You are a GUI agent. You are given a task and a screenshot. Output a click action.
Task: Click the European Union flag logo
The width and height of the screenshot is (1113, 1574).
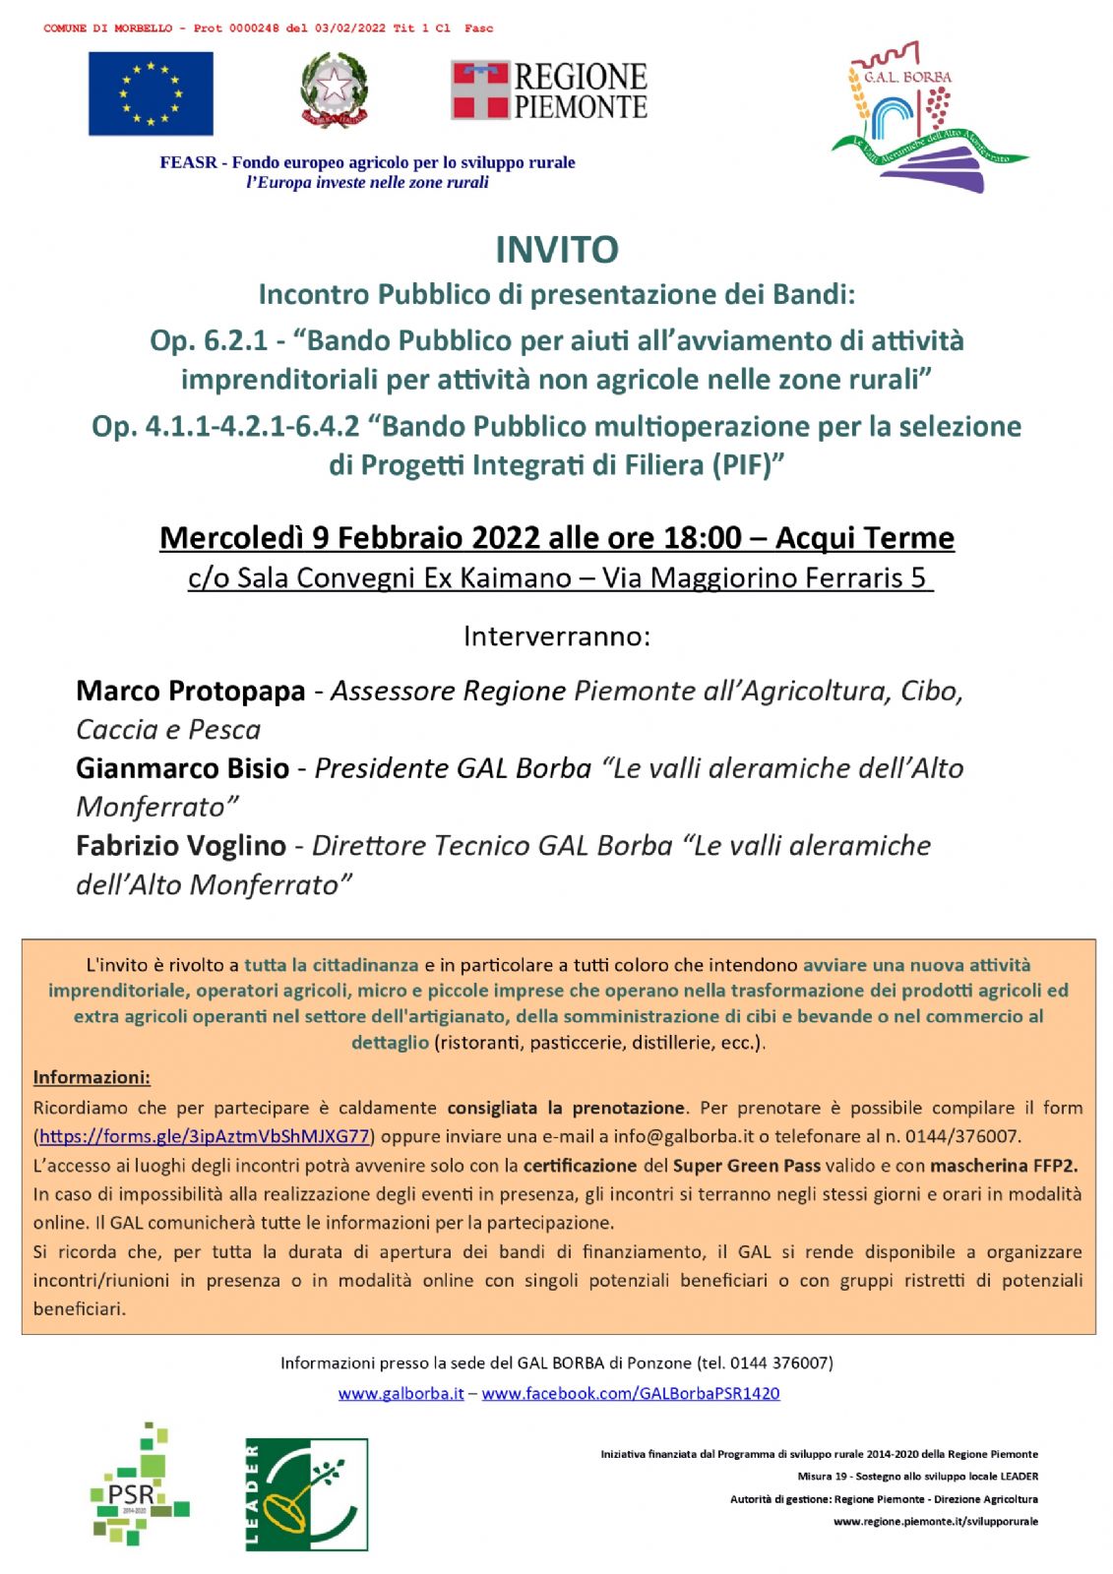click(x=151, y=93)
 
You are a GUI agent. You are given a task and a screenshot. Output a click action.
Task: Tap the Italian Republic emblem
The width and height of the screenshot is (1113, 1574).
click(x=334, y=91)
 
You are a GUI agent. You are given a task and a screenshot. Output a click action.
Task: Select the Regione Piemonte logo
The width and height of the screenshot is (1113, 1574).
click(x=549, y=91)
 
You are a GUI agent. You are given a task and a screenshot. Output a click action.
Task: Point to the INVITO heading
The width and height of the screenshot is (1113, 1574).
click(x=556, y=250)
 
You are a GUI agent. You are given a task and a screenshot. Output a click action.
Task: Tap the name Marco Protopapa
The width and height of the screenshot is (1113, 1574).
click(x=190, y=691)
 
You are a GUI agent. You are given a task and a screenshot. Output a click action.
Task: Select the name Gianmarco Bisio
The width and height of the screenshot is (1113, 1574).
click(x=182, y=768)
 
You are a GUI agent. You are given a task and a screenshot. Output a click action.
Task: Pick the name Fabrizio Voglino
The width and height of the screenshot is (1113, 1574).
click(x=180, y=846)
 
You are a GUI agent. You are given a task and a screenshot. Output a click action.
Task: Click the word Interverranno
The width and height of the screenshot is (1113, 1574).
click(x=556, y=636)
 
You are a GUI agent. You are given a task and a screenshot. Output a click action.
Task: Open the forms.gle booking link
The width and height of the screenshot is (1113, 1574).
click(x=205, y=1136)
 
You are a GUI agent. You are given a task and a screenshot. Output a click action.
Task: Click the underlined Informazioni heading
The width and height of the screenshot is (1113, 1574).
click(x=92, y=1077)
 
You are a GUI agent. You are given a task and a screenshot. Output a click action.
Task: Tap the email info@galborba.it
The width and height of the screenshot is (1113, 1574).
click(x=683, y=1136)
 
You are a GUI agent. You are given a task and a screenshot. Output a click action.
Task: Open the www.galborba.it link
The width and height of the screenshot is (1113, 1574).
click(x=401, y=1393)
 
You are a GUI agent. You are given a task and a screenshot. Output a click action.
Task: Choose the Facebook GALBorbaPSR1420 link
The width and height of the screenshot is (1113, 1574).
click(x=630, y=1393)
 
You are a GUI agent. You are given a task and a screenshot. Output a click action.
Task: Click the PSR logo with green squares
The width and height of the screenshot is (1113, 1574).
click(x=138, y=1485)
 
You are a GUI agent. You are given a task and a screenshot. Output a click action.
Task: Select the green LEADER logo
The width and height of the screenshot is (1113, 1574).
click(x=306, y=1493)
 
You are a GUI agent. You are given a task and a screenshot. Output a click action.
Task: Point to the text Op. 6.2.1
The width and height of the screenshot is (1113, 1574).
click(x=208, y=340)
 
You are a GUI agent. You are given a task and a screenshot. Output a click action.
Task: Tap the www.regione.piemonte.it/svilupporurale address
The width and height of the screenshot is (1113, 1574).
click(x=935, y=1521)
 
